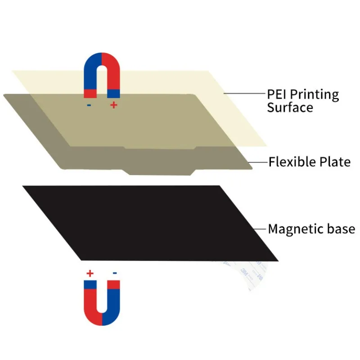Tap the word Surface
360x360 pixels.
pos(290,108)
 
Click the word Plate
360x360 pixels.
pos(336,162)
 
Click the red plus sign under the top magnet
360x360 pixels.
pos(113,105)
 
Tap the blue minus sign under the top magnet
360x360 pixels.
pos(89,105)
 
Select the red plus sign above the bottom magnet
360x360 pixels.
pos(90,273)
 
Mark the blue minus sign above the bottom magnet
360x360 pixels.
pos(115,273)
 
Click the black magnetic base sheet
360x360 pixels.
pos(148,223)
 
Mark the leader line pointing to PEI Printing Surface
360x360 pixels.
pos(243,94)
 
